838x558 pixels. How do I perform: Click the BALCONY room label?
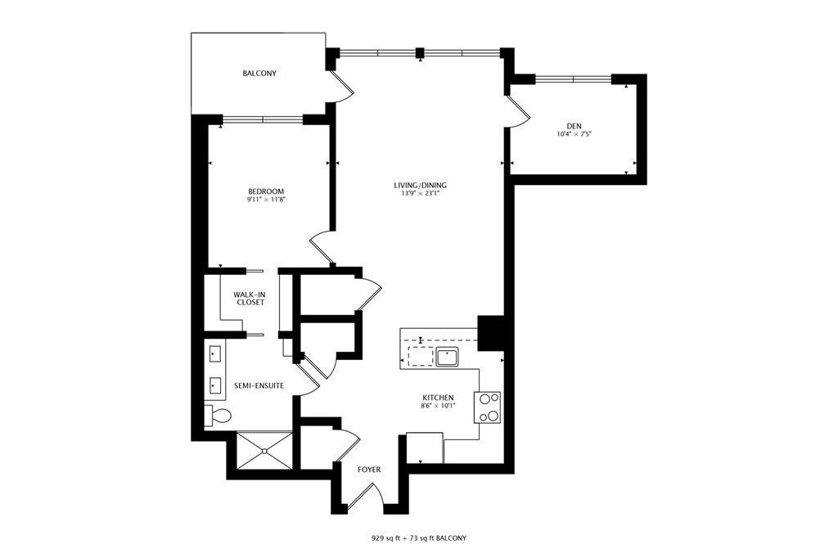[x=259, y=73]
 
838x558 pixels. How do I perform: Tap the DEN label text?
[x=574, y=126]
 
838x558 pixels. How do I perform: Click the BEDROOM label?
[x=266, y=191]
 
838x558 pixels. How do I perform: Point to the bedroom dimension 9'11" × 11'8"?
[x=266, y=200]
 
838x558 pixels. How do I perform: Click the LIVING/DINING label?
[x=420, y=186]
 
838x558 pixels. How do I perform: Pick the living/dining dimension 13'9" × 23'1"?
[x=420, y=193]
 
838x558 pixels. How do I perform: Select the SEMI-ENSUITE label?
[x=259, y=385]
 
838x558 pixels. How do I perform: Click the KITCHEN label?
[x=439, y=398]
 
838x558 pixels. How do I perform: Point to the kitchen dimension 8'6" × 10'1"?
[x=439, y=406]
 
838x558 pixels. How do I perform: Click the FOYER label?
[x=369, y=470]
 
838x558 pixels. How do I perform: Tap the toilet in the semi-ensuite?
[x=219, y=415]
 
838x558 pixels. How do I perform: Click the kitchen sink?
[x=448, y=357]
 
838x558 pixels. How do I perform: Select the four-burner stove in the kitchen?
[x=488, y=407]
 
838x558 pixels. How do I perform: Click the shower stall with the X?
[x=264, y=451]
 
